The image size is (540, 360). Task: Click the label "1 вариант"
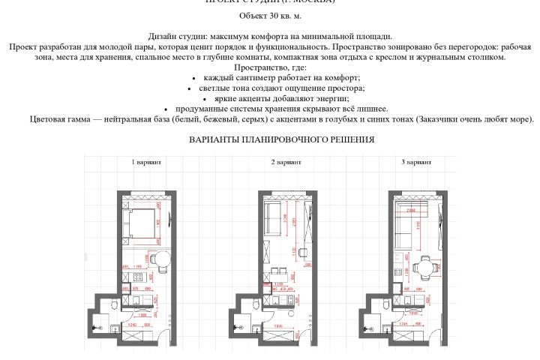point(145,162)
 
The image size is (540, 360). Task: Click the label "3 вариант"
point(416,162)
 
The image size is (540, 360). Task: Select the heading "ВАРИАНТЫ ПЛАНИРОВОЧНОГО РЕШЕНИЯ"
point(281,139)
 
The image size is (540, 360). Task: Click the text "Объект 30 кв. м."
point(270,15)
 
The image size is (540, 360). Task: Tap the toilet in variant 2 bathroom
point(256,304)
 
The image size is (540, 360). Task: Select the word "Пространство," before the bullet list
point(270,67)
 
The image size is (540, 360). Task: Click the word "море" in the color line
point(517,119)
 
